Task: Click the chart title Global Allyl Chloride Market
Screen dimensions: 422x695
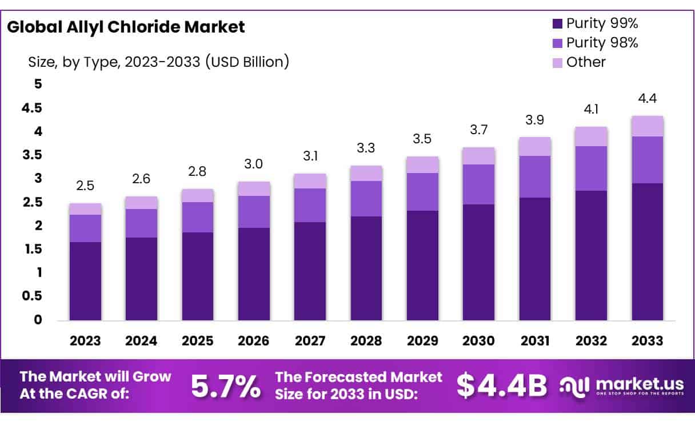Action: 126,27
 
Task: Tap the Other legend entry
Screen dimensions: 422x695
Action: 585,62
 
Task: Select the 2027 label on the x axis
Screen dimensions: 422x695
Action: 310,341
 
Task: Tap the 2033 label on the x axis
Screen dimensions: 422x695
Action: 648,341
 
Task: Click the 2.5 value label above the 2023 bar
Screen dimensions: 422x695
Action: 85,187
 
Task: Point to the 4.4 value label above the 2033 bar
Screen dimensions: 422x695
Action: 648,98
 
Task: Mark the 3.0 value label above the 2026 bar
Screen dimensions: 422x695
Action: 254,164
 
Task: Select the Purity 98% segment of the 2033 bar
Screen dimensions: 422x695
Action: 648,160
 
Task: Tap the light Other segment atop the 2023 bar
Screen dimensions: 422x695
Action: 85,209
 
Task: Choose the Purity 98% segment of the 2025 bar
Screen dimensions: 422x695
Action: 198,217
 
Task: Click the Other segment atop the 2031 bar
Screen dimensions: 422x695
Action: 534,146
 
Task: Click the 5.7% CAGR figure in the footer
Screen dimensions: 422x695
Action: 225,387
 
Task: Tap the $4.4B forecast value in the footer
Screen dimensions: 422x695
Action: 502,387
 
